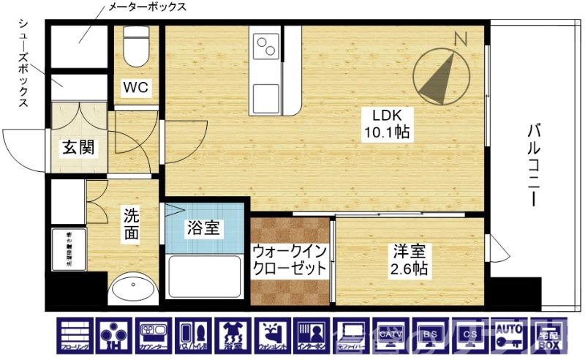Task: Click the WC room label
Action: coord(135,88)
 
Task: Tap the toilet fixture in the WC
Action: coord(135,48)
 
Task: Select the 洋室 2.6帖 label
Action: coord(408,260)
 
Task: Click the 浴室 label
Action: coord(202,228)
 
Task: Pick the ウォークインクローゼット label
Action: coord(290,260)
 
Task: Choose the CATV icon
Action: coord(392,336)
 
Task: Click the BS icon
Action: coord(431,336)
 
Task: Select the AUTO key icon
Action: coord(510,336)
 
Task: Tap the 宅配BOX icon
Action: coord(550,336)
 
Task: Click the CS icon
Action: coord(471,336)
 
